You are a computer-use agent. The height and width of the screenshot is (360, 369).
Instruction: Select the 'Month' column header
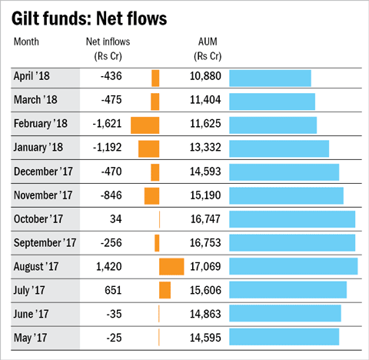(x=27, y=41)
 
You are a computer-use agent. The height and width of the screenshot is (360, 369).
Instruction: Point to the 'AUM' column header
(x=208, y=41)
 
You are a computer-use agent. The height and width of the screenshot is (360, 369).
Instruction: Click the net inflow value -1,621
(x=106, y=125)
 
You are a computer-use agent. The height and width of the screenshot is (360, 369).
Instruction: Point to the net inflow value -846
(x=110, y=195)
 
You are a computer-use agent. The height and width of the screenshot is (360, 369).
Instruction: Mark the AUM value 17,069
(x=205, y=267)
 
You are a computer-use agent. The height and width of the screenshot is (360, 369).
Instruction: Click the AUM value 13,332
(x=205, y=148)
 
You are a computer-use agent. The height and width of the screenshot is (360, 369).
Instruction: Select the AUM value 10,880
(x=205, y=77)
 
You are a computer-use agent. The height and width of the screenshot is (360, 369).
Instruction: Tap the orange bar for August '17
(x=171, y=267)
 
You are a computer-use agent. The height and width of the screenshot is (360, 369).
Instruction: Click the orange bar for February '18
(x=145, y=125)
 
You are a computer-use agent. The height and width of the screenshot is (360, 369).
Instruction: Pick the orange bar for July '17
(x=165, y=290)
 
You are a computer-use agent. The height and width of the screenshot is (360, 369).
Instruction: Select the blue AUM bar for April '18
(x=270, y=78)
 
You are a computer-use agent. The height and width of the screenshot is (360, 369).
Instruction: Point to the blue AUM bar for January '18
(x=279, y=148)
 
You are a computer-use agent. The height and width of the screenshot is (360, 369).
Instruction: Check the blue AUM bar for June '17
(x=284, y=314)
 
